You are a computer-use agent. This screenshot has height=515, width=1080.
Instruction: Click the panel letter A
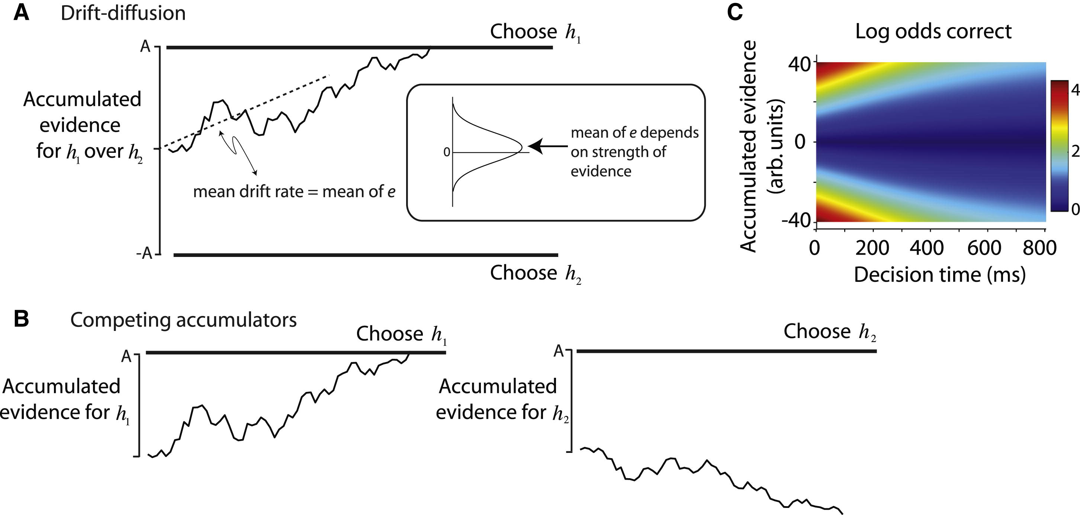(22, 13)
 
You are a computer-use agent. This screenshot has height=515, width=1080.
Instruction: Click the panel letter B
(21, 319)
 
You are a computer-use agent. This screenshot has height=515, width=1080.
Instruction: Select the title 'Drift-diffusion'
(123, 13)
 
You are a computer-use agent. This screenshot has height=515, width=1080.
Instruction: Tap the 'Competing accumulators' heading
(183, 321)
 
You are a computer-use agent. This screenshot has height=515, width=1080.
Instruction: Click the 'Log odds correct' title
(933, 32)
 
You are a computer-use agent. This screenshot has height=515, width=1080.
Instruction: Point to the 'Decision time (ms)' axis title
(939, 275)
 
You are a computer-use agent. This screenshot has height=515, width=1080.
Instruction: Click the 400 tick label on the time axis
(926, 248)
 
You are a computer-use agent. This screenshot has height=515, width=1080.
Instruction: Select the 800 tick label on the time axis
(1039, 248)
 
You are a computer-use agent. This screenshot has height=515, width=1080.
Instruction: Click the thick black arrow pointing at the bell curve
(548, 146)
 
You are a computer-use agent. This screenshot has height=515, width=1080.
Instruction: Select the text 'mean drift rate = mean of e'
(294, 192)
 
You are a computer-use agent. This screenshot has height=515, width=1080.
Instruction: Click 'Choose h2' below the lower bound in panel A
(536, 274)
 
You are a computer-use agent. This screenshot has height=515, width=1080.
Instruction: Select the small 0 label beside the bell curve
(447, 152)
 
